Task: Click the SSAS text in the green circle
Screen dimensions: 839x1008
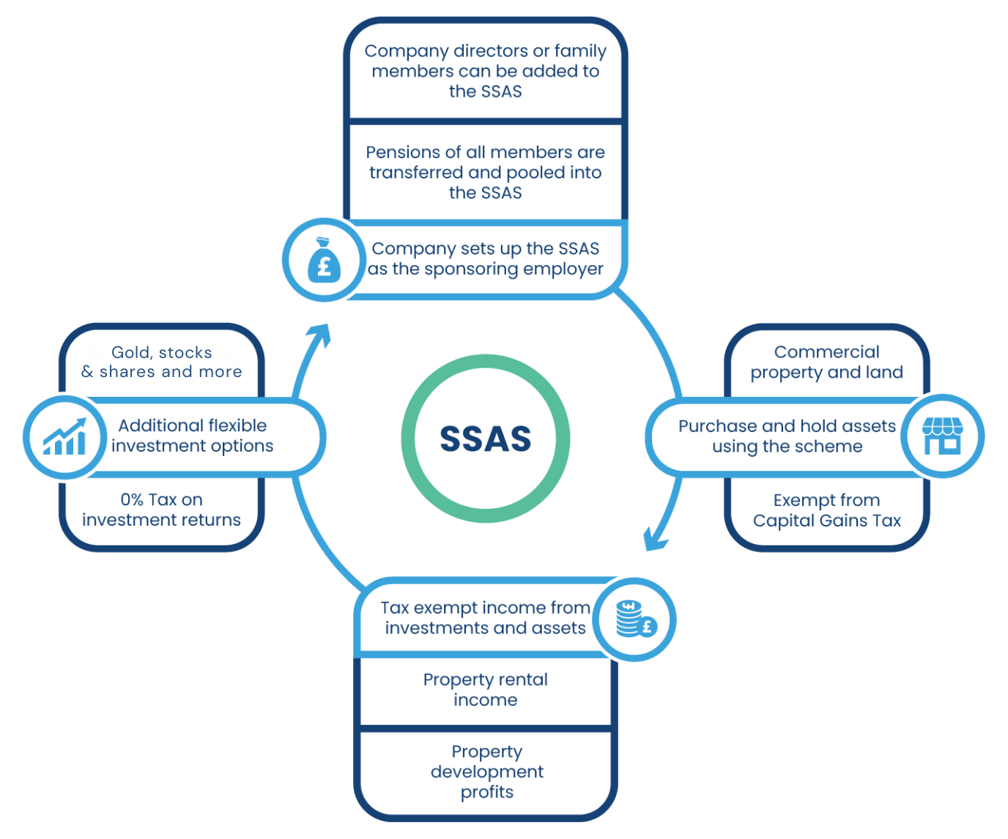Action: [485, 439]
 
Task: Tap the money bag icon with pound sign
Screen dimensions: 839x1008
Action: [324, 260]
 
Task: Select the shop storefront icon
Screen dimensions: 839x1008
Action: [942, 436]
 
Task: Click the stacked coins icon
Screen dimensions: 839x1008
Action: [635, 619]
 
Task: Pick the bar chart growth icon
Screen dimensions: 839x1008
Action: [64, 437]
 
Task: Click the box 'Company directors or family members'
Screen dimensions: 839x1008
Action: [485, 71]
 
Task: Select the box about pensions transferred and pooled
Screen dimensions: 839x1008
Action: [485, 172]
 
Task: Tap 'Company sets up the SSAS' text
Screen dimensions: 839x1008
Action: [485, 259]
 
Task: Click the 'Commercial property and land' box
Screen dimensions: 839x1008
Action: [826, 362]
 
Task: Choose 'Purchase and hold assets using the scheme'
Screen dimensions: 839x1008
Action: [787, 436]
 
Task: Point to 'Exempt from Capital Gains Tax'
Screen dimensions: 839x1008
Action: [826, 510]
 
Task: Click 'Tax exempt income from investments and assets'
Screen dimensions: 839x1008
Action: [485, 618]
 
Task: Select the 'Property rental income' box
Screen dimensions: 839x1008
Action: [485, 690]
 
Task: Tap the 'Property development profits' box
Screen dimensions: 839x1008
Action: [486, 772]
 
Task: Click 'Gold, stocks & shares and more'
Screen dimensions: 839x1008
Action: [161, 362]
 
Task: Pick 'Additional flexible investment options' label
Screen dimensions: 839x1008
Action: [192, 436]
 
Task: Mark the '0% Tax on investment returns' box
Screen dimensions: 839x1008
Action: [161, 510]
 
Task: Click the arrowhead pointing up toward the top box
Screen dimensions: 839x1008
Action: [320, 336]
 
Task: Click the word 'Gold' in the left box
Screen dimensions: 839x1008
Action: [130, 353]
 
